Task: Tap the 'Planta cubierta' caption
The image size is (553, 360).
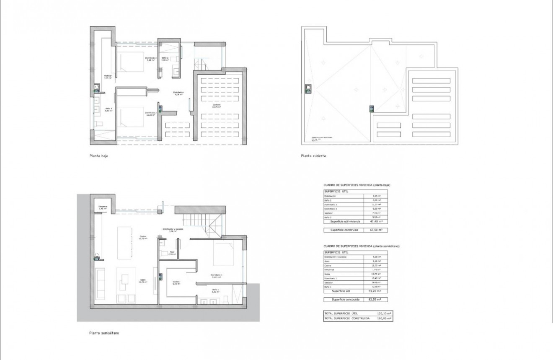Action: pyautogui.click(x=313, y=155)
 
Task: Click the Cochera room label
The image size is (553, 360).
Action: pyautogui.click(x=216, y=106)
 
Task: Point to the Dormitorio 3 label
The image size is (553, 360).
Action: pyautogui.click(x=150, y=59)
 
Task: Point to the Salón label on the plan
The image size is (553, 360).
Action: pyautogui.click(x=142, y=281)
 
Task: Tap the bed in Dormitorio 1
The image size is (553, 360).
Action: pyautogui.click(x=226, y=254)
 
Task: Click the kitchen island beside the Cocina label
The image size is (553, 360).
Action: pyautogui.click(x=124, y=243)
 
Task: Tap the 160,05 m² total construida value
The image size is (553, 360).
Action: pyautogui.click(x=383, y=319)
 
